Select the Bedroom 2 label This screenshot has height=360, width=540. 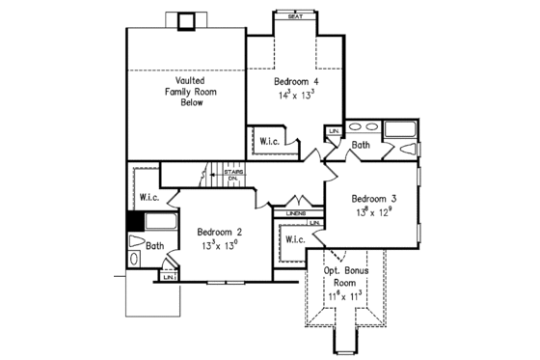pos(220,232)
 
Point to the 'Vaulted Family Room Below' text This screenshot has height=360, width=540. pos(183,91)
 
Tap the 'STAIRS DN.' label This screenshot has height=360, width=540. pos(232,176)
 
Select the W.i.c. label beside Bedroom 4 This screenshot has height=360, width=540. pos(269,141)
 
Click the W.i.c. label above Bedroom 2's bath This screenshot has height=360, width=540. pos(148,197)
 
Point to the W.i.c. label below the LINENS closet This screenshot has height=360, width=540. pos(295,239)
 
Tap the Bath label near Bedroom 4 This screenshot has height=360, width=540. pos(360,145)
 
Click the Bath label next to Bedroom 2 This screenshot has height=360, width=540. pos(154,246)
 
